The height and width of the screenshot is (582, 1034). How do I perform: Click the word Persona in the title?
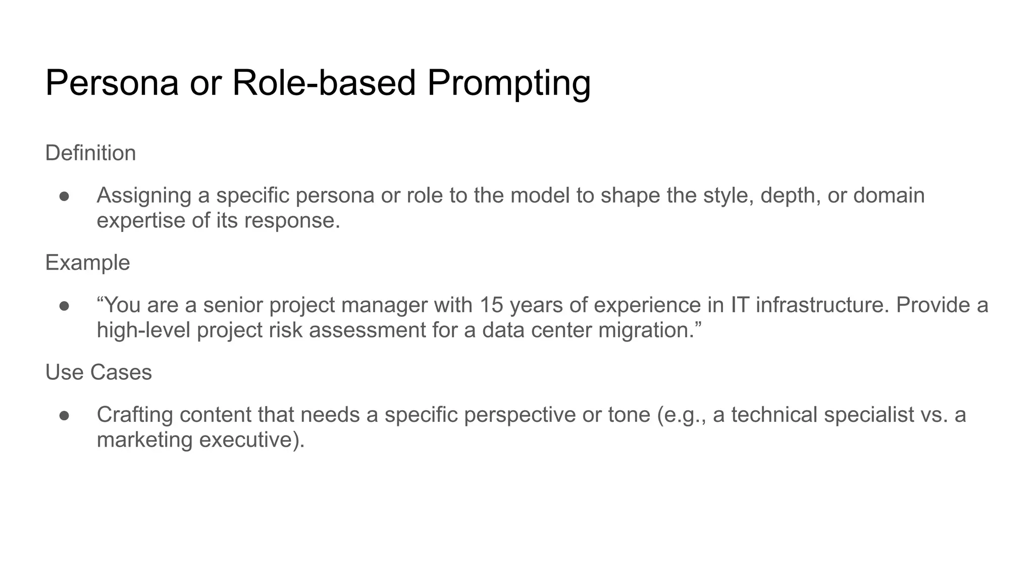(x=112, y=83)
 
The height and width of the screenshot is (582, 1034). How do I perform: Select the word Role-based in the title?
(x=324, y=83)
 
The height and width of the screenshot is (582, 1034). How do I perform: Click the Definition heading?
(x=90, y=153)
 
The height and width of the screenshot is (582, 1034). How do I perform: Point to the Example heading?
(x=87, y=263)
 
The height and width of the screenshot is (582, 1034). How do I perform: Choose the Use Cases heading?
(x=98, y=372)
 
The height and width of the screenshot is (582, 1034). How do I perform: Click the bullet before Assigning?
(x=64, y=196)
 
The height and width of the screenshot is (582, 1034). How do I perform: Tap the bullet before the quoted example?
(x=64, y=306)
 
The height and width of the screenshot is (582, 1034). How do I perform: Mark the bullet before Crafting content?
(x=64, y=415)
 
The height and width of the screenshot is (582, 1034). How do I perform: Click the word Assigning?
(x=144, y=196)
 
